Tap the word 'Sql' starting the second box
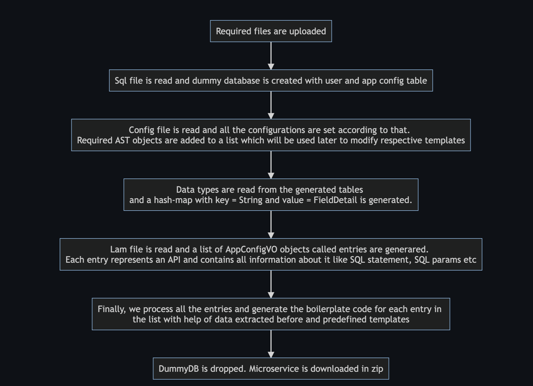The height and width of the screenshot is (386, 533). point(120,81)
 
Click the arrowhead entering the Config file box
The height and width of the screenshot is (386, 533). point(271,116)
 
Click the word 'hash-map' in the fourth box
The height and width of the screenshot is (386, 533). point(173,200)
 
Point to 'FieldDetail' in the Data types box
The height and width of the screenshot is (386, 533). point(335,200)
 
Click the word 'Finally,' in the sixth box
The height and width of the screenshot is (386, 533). point(112,309)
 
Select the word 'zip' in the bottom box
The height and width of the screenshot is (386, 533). point(377,369)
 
